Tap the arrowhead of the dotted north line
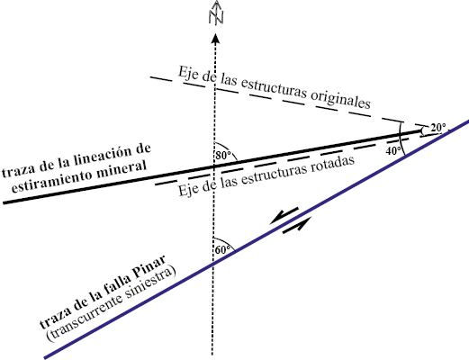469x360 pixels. (215, 39)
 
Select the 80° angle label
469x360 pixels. (223, 156)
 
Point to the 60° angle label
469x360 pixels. (222, 249)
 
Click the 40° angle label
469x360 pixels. (393, 151)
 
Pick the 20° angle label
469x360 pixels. (437, 128)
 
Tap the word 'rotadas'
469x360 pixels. (331, 166)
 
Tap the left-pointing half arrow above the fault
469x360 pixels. (284, 215)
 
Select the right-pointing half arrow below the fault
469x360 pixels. (297, 225)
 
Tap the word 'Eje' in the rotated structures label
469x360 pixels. (187, 191)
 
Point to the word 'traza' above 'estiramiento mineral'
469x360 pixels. (16, 171)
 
